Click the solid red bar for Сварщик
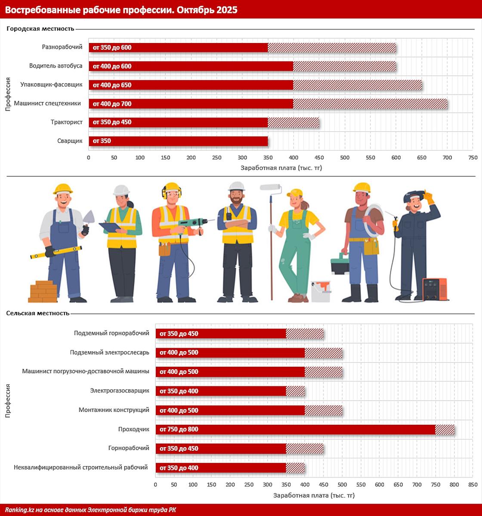click(178, 141)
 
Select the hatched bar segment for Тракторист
click(294, 123)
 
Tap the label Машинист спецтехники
click(47, 103)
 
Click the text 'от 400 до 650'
click(112, 85)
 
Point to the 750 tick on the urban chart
click(473, 158)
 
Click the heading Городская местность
click(40, 29)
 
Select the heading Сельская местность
click(38, 313)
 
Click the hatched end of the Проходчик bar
click(445, 429)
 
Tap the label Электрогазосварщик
click(120, 391)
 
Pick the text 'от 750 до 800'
click(179, 429)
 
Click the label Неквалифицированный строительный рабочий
click(80, 467)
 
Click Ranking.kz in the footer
click(18, 510)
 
